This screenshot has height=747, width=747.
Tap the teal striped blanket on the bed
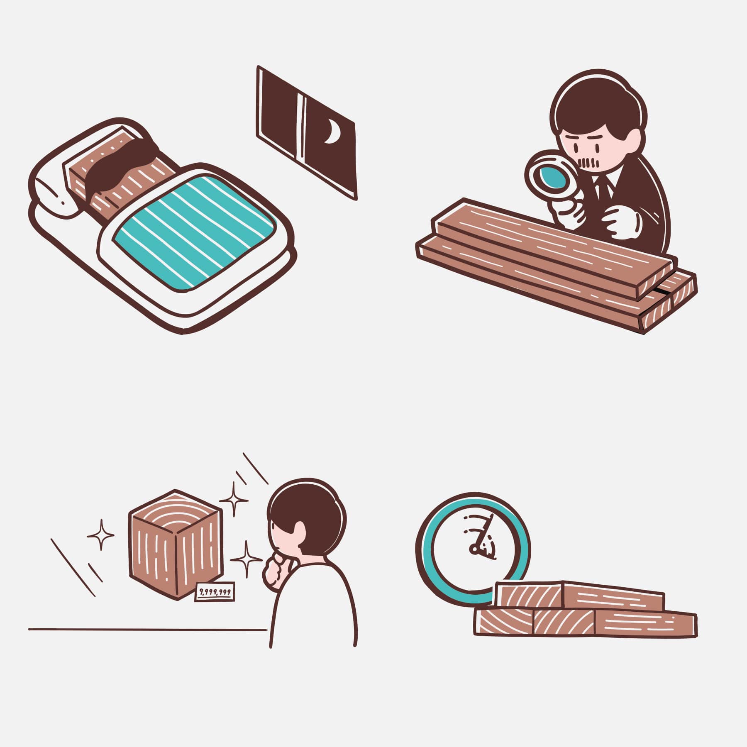(x=195, y=232)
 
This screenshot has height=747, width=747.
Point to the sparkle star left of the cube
(x=100, y=535)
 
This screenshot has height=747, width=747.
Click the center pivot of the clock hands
(x=474, y=550)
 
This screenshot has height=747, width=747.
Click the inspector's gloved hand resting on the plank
(x=622, y=225)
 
